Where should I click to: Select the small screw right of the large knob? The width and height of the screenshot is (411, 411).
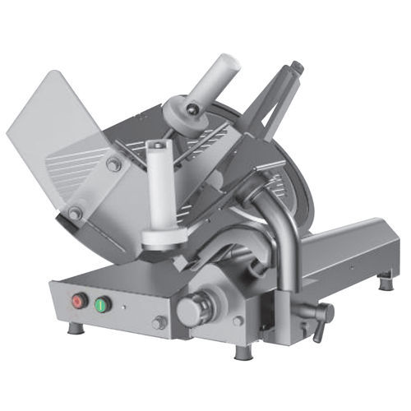238,321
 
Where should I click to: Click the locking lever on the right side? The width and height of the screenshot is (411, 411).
321,313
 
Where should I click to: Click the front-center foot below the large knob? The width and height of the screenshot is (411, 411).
242,352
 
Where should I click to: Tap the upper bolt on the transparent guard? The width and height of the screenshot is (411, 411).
113,164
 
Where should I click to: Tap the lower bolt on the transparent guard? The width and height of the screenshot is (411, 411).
75,214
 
